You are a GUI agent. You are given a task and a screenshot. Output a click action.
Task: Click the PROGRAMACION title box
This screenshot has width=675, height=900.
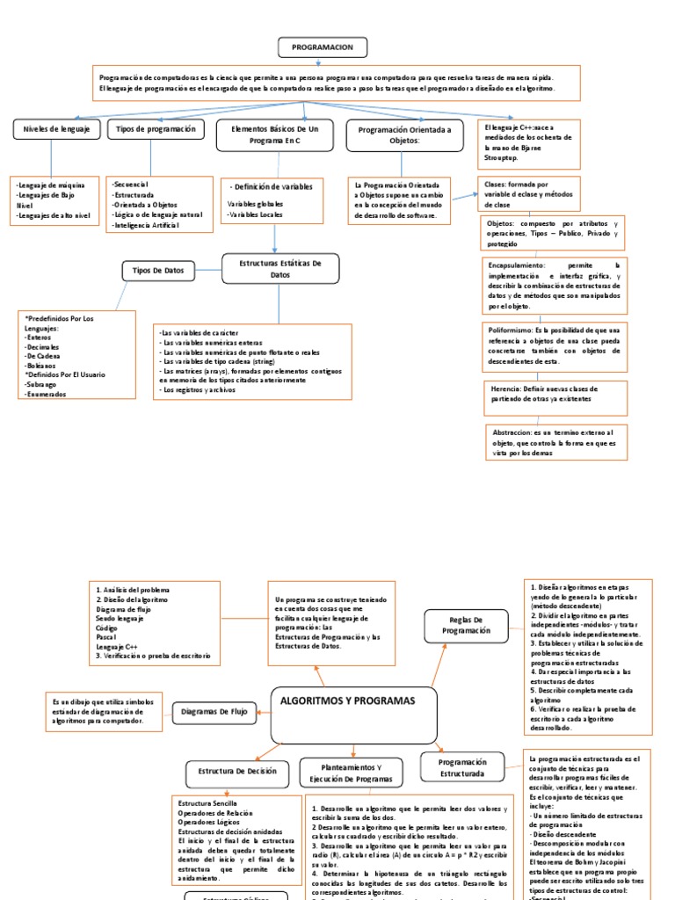point(323,47)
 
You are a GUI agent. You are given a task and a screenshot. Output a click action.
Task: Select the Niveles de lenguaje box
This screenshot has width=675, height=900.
point(50,130)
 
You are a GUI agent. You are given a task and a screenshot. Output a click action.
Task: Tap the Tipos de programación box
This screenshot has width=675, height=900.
point(152,130)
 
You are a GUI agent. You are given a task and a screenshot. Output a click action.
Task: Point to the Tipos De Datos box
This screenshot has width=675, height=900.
point(157,271)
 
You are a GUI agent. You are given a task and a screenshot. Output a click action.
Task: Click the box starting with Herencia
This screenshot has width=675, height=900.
point(555,393)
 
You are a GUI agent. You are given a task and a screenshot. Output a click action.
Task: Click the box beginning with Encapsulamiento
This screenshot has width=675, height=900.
point(555,287)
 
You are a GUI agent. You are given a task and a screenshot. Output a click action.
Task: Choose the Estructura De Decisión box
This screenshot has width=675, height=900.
point(237,772)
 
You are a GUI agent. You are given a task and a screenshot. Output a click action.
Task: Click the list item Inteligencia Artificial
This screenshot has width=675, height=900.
point(146,225)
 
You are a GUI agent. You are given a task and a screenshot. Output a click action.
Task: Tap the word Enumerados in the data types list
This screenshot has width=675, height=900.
point(45,394)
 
